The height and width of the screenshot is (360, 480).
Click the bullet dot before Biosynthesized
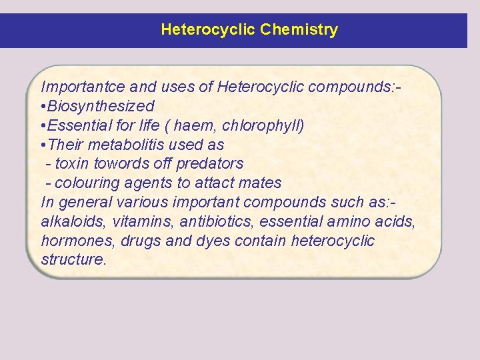click(43, 106)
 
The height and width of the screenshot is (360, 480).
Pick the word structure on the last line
click(73, 260)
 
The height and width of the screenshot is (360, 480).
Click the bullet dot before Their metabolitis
click(43, 145)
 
